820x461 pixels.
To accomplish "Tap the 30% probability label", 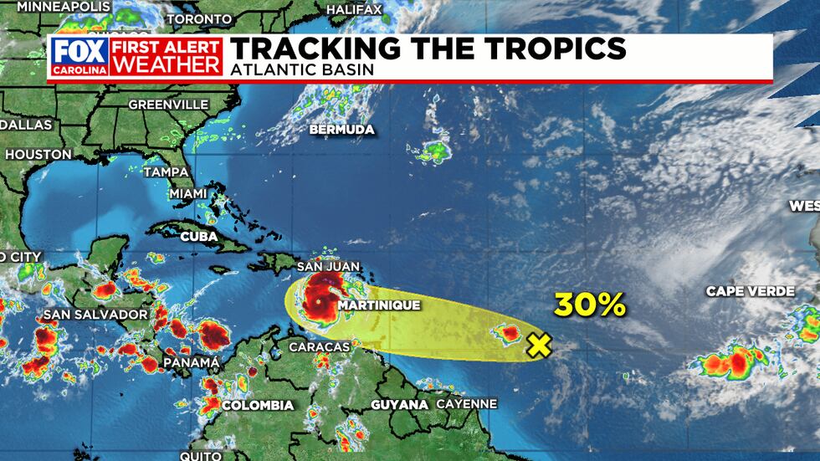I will (589, 305).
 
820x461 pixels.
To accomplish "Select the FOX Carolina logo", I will (79, 56).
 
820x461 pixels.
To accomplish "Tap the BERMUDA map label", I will (341, 130).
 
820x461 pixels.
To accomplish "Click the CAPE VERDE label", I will (750, 291).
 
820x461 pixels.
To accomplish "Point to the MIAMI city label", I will (187, 193).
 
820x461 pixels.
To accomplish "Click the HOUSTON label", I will (38, 154).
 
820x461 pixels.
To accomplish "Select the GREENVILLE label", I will (167, 105).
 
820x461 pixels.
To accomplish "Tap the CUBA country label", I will (199, 237).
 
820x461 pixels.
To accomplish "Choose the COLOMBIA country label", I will (259, 405).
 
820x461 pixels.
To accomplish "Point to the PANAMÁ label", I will (192, 361).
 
